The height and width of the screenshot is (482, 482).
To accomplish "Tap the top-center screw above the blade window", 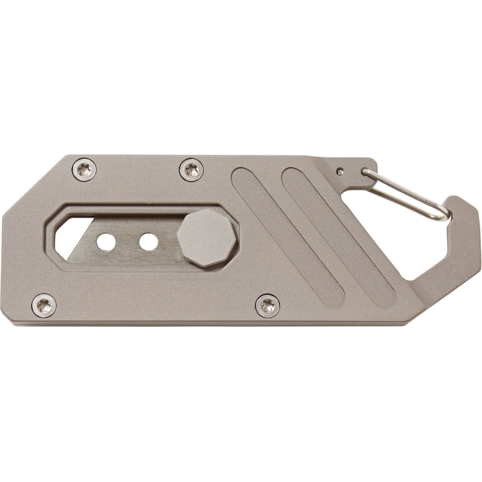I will [x=192, y=168].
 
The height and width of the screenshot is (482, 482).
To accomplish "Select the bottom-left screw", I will [x=44, y=305].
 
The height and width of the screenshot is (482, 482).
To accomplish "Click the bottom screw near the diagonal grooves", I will [x=267, y=305].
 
